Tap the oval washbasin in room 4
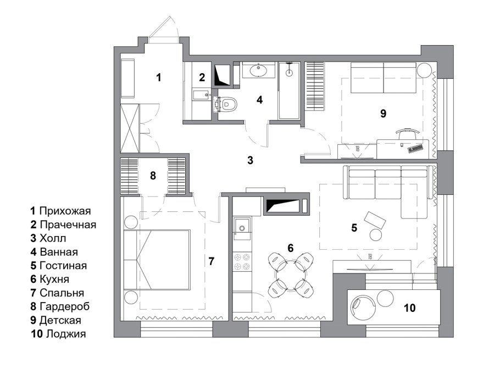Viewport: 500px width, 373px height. pos(259,70)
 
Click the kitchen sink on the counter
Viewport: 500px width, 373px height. pos(242,228)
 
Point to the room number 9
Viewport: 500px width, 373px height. pos(384,113)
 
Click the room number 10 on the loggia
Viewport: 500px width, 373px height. pos(410,308)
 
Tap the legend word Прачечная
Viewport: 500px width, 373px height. pos(68,224)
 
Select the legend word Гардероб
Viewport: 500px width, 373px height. pos(64,306)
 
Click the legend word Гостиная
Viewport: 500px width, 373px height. pos(63,265)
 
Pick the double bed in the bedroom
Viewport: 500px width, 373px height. pos(157,259)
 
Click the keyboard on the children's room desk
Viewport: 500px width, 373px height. pos(415,149)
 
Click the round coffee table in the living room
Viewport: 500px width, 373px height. pos(376,235)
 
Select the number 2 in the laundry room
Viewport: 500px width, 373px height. pos(202,77)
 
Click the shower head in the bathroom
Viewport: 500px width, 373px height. pos(289,72)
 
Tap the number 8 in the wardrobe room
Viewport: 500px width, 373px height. pos(153,175)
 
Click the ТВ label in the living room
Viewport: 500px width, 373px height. pos(370,256)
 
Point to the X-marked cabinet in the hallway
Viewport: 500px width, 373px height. pos(130,128)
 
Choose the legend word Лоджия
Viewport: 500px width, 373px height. pos(66,334)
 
